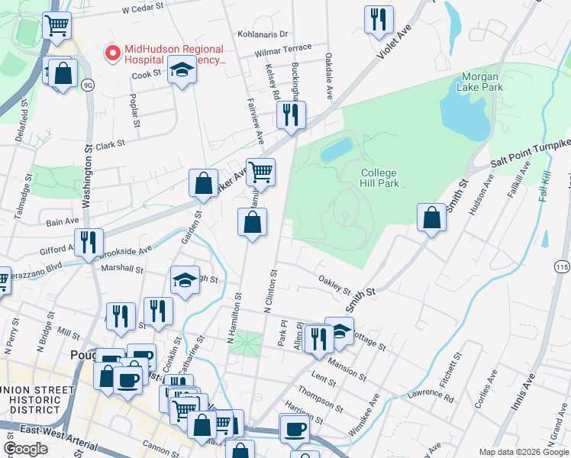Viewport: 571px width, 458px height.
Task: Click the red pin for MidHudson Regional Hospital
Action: [112, 53]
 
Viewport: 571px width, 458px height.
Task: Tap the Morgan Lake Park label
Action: [481, 82]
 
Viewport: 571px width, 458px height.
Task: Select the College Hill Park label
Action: [379, 178]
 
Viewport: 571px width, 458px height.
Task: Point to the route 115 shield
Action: [562, 266]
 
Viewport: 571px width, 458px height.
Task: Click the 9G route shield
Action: [88, 84]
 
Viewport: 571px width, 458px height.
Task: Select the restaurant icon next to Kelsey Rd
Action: [290, 114]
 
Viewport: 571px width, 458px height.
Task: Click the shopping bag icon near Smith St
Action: [432, 217]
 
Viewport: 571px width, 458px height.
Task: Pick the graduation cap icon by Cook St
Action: [182, 70]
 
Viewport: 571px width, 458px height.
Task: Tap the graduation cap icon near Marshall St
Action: [184, 280]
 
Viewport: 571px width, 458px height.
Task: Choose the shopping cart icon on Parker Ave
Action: [260, 172]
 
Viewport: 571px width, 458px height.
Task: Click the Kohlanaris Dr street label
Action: [262, 34]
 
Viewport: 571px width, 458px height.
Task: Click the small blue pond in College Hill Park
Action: [337, 150]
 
